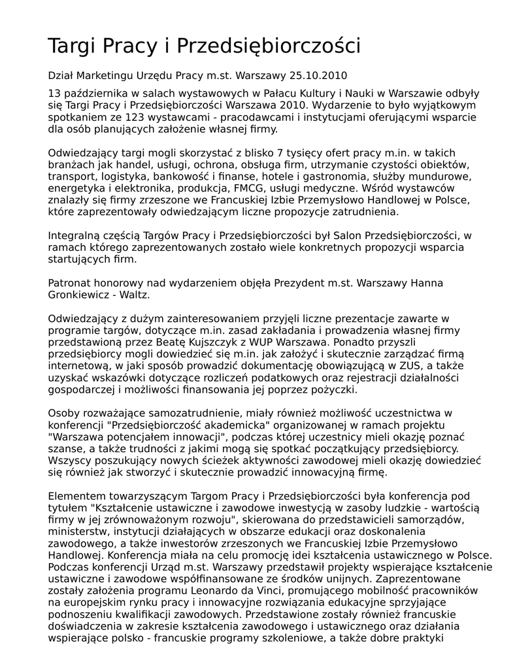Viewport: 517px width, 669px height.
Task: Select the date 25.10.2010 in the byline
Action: pyautogui.click(x=321, y=75)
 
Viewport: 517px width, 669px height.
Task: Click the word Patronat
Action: pyautogui.click(x=70, y=283)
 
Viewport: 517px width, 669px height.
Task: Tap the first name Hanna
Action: pyautogui.click(x=426, y=283)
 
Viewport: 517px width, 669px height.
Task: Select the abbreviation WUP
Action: pyautogui.click(x=273, y=342)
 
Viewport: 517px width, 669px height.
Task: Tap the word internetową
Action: pyautogui.click(x=78, y=366)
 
